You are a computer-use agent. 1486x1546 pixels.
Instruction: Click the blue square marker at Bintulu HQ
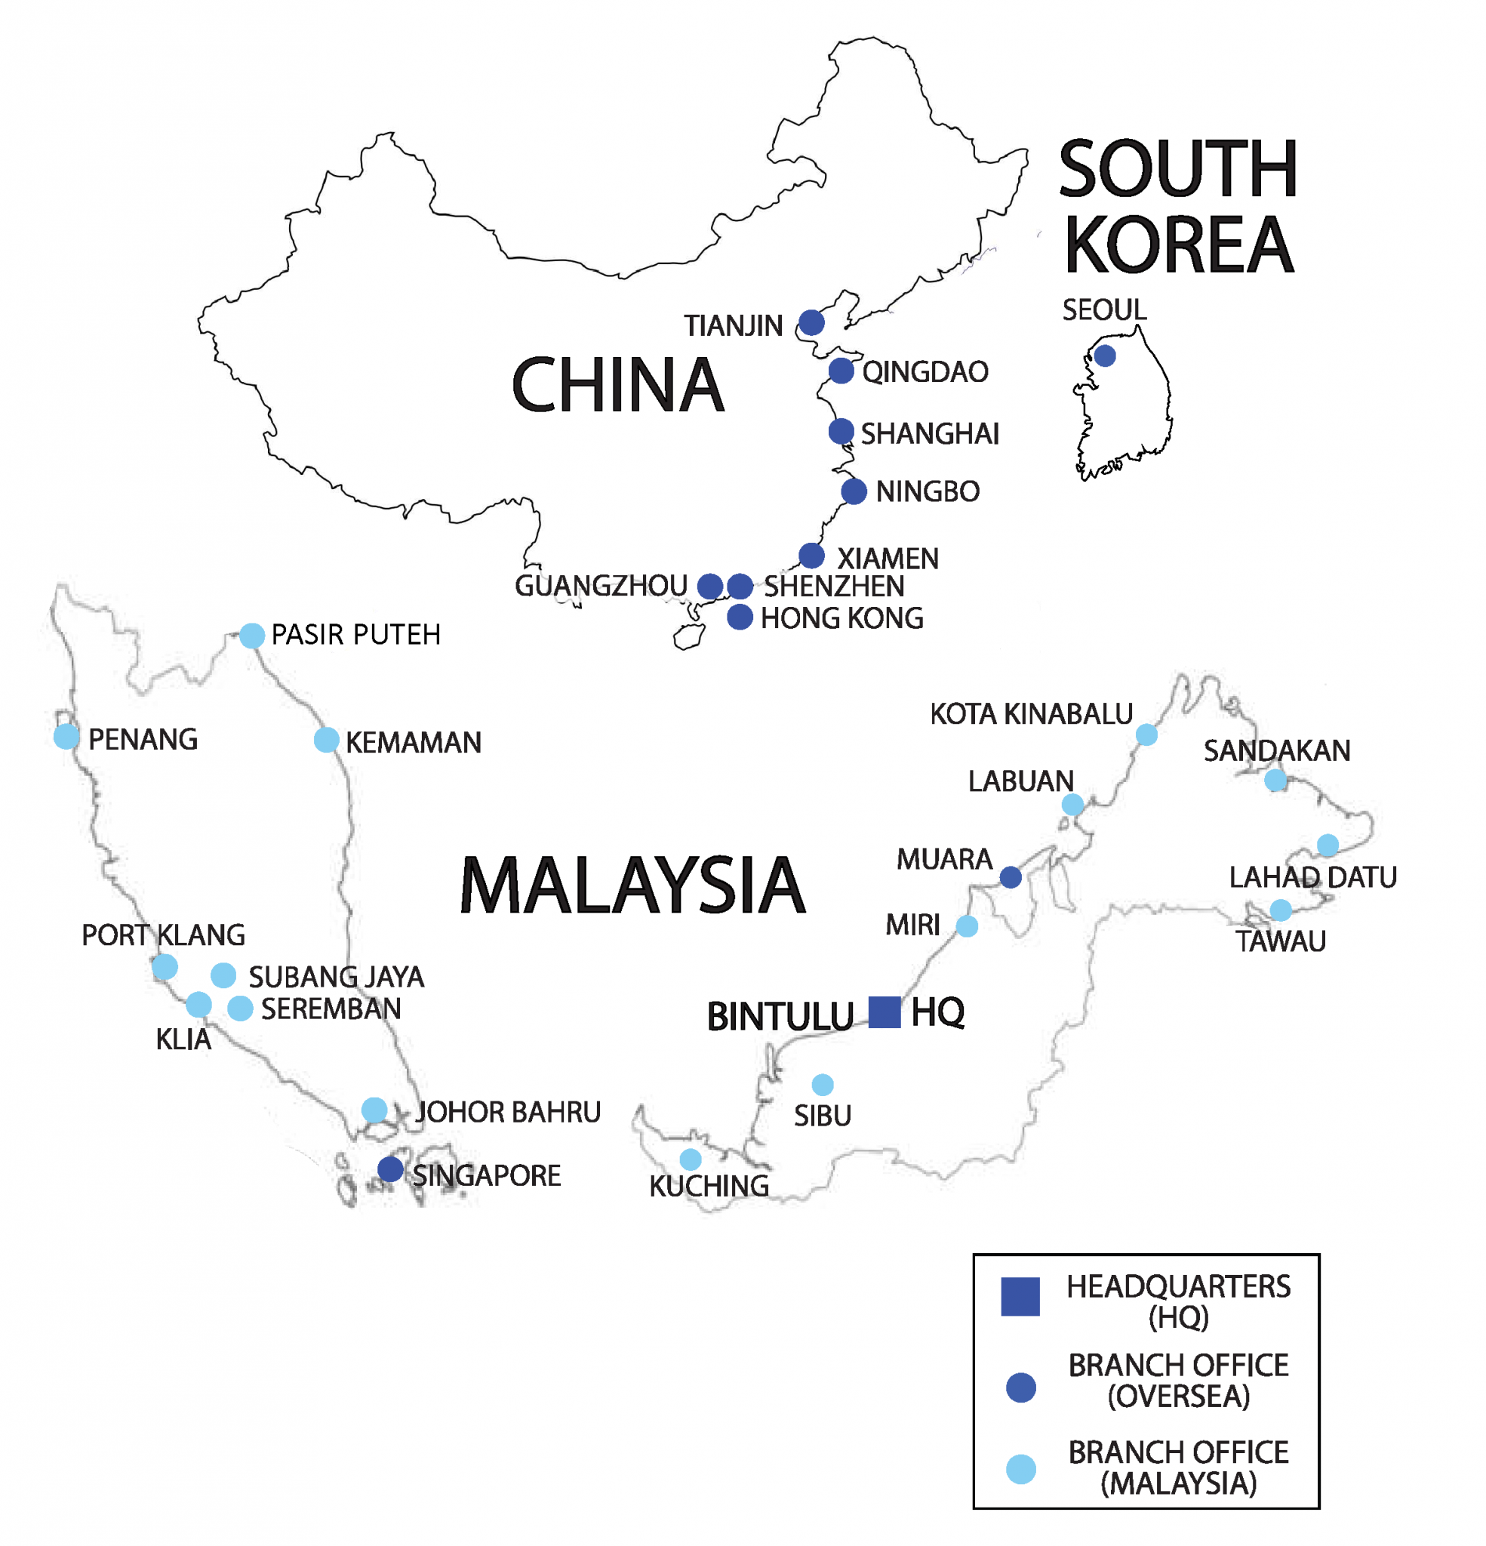885,1012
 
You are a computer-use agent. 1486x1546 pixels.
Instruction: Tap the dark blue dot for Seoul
1104,356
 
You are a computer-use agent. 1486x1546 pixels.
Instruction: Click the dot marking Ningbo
854,491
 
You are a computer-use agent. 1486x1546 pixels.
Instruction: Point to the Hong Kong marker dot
739,617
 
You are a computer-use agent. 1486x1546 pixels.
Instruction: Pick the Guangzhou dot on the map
710,586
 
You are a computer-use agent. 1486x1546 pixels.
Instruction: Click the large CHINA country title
617,385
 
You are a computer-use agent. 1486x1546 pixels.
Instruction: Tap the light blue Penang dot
66,737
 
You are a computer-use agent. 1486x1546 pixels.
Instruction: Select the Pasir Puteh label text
355,635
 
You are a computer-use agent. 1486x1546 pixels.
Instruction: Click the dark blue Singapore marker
389,1169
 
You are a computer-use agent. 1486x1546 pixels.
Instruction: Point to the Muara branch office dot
1011,877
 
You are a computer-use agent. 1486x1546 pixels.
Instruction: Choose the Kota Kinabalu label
1031,714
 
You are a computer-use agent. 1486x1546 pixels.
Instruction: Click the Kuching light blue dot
690,1159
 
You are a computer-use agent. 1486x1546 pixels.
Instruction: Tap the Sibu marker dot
823,1085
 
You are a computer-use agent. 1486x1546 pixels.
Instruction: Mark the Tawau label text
1280,941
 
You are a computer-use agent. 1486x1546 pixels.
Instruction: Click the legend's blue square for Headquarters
1020,1296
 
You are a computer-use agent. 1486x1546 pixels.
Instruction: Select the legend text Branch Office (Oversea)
1177,1381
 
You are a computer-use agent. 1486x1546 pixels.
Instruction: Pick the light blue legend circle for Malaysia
1020,1469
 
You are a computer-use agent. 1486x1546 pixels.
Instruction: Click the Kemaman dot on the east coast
327,740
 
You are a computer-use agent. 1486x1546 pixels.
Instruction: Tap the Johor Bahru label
508,1112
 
